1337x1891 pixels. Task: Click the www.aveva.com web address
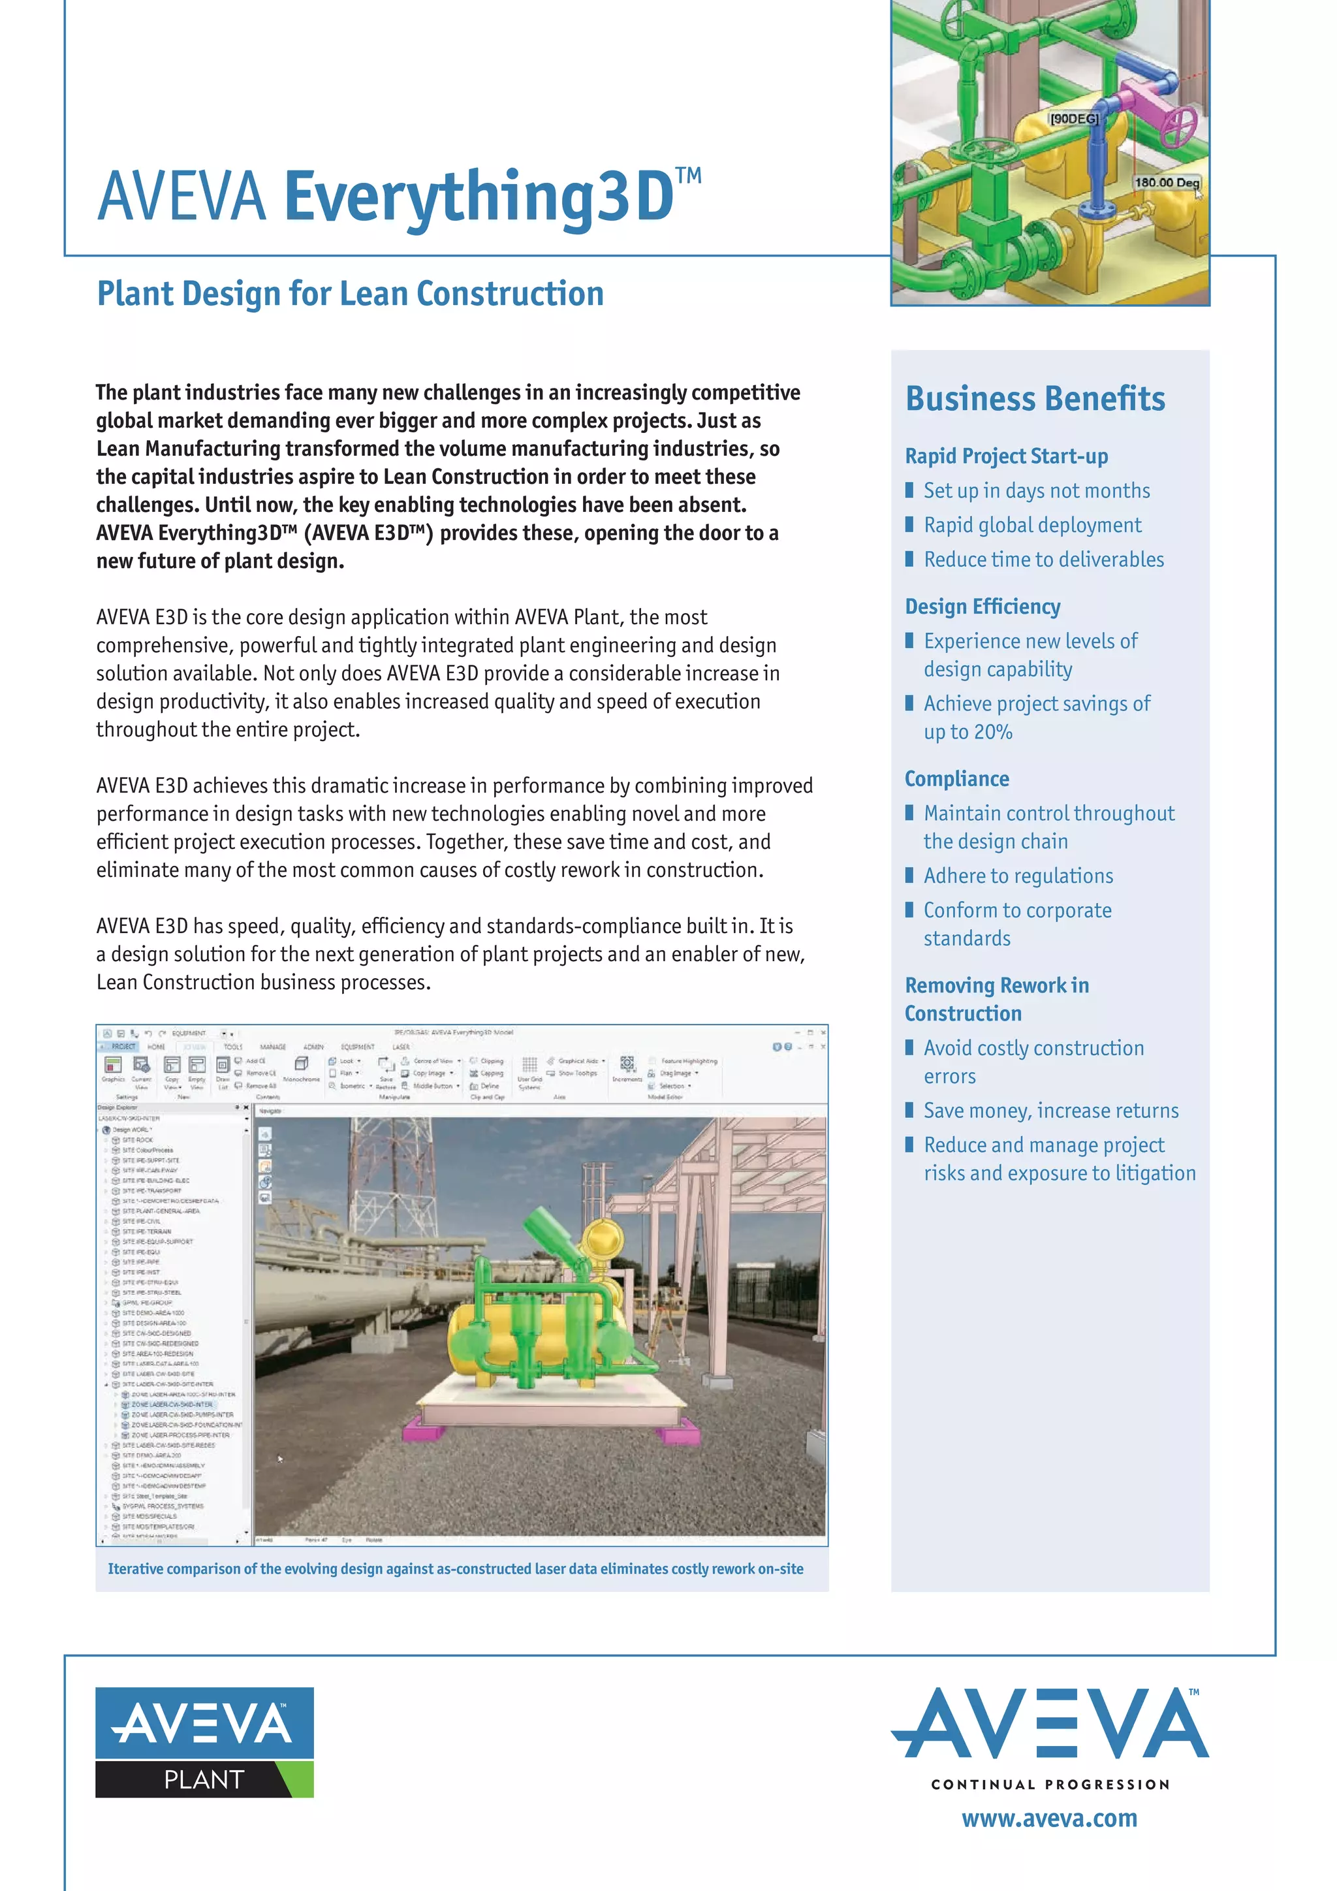pyautogui.click(x=1049, y=1819)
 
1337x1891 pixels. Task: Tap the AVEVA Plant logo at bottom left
pyautogui.click(x=204, y=1743)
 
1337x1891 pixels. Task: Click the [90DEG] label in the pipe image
pyautogui.click(x=1073, y=119)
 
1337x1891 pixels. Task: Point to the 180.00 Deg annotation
pyautogui.click(x=1166, y=182)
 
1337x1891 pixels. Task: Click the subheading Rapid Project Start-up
pyautogui.click(x=1006, y=456)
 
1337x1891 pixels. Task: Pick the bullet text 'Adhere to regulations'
pyautogui.click(x=1018, y=876)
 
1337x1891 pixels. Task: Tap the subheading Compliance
pyautogui.click(x=956, y=779)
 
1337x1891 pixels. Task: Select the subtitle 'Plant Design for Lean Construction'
pyautogui.click(x=350, y=294)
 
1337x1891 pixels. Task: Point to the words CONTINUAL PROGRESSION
pyautogui.click(x=1050, y=1785)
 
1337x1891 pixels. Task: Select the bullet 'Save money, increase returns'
pyautogui.click(x=1050, y=1111)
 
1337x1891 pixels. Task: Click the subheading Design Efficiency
pyautogui.click(x=982, y=607)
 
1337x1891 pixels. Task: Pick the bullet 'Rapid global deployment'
pyautogui.click(x=1032, y=526)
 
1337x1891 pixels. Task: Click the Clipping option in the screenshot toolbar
pyautogui.click(x=491, y=1061)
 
